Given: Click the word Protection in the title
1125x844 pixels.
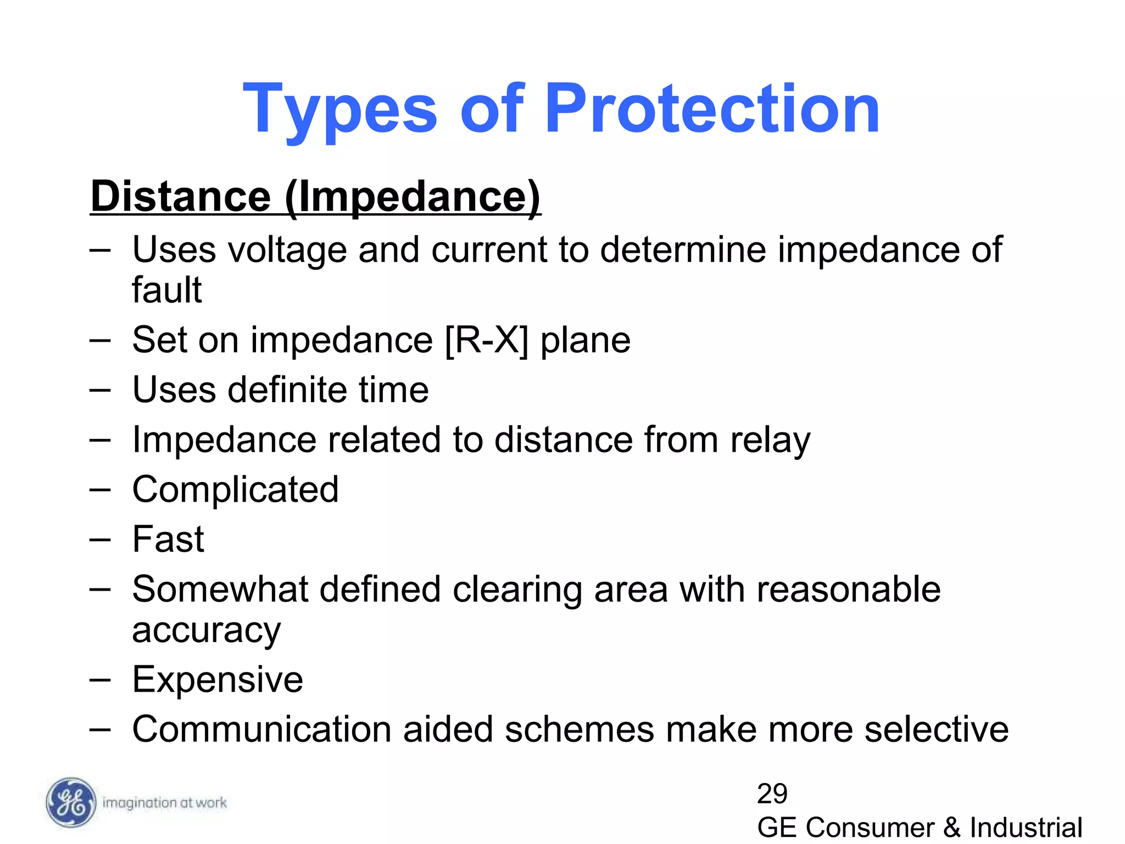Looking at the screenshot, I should [712, 108].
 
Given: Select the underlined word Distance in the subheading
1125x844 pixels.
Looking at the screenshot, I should [181, 196].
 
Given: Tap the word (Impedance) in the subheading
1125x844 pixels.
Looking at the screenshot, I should [413, 197].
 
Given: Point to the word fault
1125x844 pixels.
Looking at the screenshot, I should [166, 290].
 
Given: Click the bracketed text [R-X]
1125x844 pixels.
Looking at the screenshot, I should [487, 340].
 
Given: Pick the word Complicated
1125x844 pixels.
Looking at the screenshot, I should [235, 490].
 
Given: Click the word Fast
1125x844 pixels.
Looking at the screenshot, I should [168, 539].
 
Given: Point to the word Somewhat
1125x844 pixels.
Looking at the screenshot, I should [220, 589].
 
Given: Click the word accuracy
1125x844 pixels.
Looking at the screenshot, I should [206, 631].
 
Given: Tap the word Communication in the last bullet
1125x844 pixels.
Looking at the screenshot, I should [261, 729].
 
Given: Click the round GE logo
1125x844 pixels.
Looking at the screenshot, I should [70, 803].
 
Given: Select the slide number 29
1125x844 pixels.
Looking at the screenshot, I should [772, 793].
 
